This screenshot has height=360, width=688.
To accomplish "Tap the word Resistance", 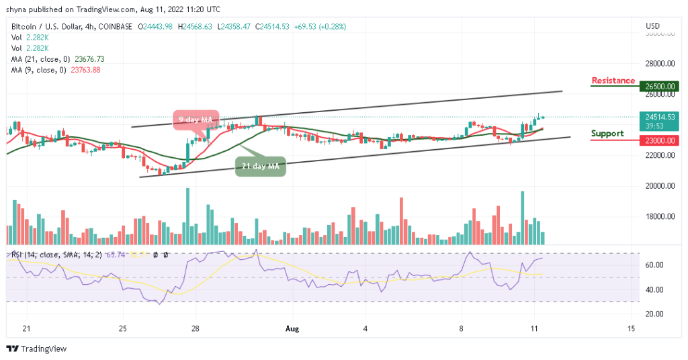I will [613, 81].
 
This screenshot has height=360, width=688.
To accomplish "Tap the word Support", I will [607, 133].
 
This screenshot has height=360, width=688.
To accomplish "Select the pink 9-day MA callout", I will [196, 119].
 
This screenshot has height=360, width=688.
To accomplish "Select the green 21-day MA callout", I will [260, 165].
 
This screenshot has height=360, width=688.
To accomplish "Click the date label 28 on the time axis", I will [194, 328].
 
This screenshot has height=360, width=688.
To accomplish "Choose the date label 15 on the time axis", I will [631, 328].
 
